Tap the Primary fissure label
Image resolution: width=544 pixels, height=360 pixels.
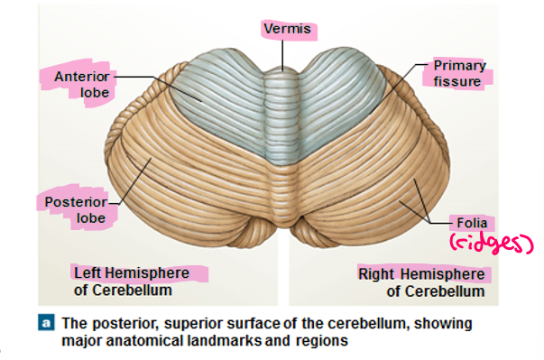pos(459,73)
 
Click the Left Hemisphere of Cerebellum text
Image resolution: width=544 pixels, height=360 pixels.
pos(133,281)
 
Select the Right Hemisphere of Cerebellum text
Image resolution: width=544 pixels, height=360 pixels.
pos(421,282)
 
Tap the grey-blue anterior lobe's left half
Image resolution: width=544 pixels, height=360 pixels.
pos(217,99)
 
